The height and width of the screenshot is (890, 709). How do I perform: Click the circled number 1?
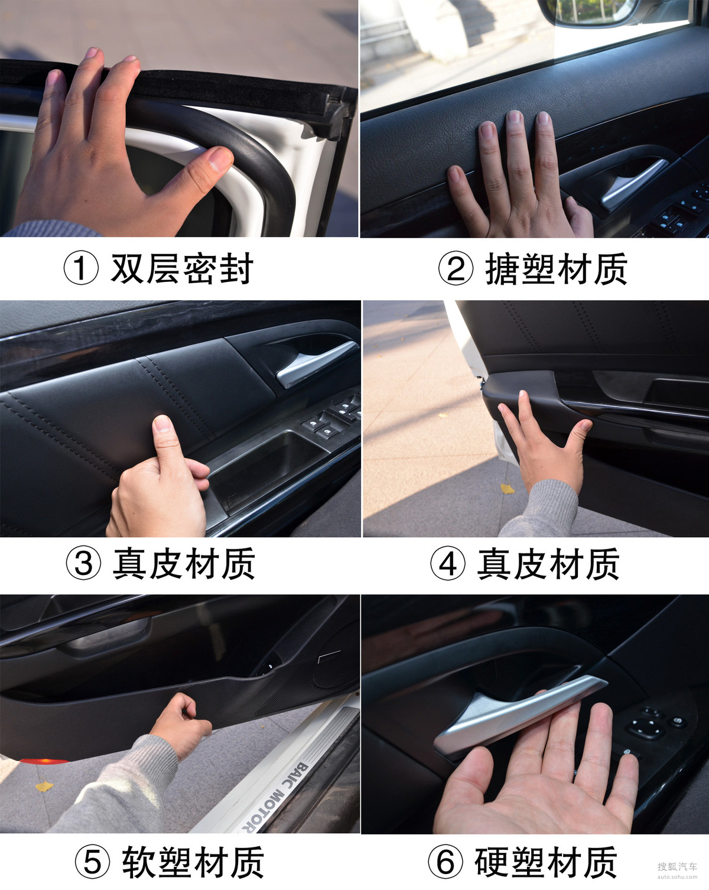(x=81, y=268)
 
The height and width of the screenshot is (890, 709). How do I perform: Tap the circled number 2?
(x=456, y=268)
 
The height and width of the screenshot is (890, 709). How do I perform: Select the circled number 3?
(x=83, y=563)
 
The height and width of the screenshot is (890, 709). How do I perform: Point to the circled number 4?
(x=448, y=563)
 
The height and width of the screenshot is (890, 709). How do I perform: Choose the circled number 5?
(x=93, y=862)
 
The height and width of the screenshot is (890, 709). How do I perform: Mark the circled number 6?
(x=445, y=862)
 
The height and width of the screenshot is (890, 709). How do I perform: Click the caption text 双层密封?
(x=182, y=268)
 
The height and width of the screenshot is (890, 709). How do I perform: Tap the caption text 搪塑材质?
(x=557, y=268)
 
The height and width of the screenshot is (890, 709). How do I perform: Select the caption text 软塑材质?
(x=193, y=862)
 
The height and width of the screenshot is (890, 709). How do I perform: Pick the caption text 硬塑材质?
(x=546, y=862)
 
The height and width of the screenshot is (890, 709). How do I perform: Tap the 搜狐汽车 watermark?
(x=677, y=866)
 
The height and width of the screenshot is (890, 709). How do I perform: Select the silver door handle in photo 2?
(x=633, y=183)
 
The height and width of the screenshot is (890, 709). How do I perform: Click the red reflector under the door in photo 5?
(x=43, y=761)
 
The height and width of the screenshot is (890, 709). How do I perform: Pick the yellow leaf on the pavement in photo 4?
(x=508, y=489)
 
